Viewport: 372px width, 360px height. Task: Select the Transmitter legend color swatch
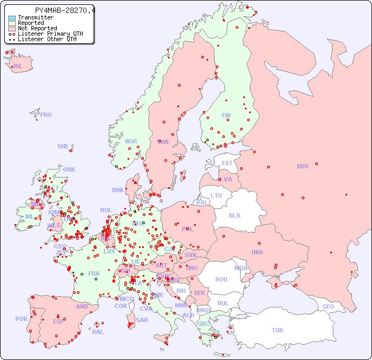12,18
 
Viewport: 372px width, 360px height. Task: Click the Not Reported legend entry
37,28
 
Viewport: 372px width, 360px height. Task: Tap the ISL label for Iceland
18,67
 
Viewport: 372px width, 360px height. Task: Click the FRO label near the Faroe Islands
46,115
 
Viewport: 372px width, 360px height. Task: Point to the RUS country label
302,166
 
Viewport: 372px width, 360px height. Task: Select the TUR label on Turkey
277,330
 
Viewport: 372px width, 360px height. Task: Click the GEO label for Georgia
328,306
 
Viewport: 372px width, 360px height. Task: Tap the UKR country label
257,252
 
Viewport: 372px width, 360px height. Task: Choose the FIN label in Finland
226,115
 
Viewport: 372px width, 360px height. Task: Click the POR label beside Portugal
21,319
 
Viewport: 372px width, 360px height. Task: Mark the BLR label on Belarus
235,215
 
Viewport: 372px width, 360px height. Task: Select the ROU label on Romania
221,279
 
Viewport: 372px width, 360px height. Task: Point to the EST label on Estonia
227,163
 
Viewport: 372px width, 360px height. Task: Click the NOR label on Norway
131,141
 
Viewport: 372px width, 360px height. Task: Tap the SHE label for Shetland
63,146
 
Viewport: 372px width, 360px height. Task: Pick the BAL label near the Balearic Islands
97,332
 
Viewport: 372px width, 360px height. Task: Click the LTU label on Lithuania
216,195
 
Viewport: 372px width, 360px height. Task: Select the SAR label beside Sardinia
142,320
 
